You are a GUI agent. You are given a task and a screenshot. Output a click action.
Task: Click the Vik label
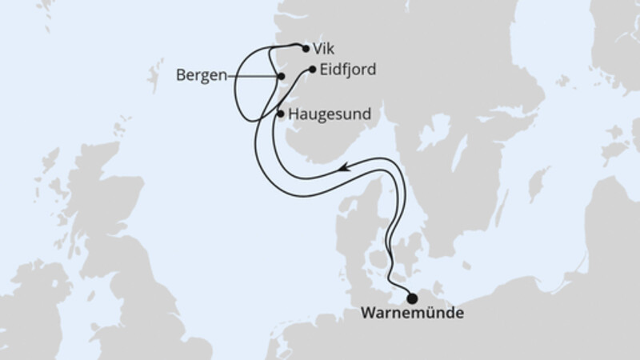coord(324,48)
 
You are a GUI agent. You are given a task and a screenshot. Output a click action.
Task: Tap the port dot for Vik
coord(306,48)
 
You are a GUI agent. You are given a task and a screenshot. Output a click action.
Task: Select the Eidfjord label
coord(346,69)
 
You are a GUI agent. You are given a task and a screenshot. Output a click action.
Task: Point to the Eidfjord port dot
coord(312,70)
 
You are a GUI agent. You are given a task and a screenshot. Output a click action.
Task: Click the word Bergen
coord(200,76)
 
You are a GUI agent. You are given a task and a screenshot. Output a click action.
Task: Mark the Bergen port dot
coord(280,77)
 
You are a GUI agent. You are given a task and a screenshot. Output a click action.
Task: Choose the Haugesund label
coord(330,114)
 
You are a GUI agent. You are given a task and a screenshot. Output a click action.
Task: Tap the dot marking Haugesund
coord(280,114)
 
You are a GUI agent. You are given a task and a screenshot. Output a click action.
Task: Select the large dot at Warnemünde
coord(412,298)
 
